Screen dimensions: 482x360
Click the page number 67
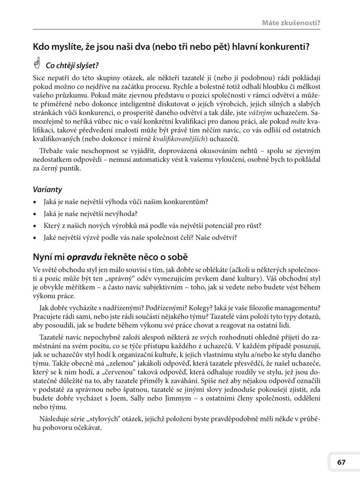(x=341, y=461)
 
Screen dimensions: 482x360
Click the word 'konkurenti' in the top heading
(x=284, y=48)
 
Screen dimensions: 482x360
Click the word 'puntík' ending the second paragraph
(x=71, y=168)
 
